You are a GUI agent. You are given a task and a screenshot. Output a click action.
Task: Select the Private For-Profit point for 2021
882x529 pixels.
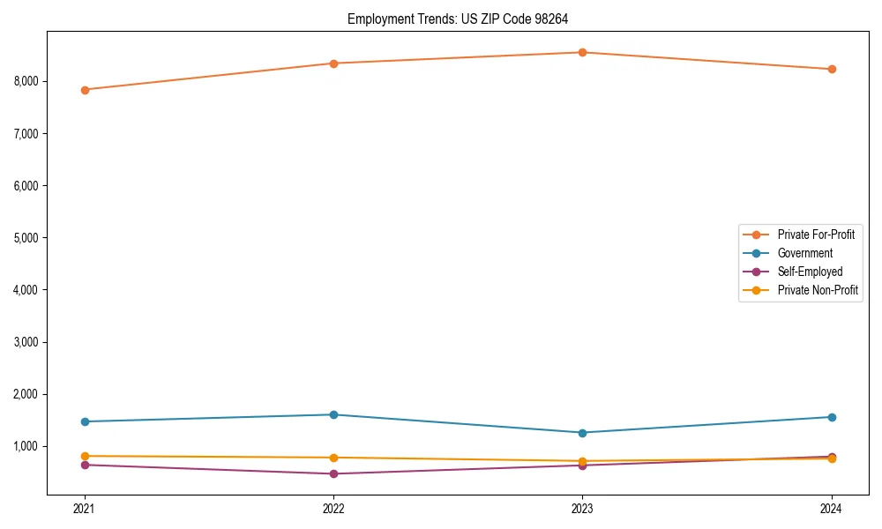pyautogui.click(x=85, y=90)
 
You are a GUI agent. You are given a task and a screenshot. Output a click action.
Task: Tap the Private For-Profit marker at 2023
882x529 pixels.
pyautogui.click(x=583, y=52)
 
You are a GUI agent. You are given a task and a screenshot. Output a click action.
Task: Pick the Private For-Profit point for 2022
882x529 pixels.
pyautogui.click(x=333, y=63)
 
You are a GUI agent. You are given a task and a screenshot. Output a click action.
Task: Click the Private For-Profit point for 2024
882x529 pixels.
pyautogui.click(x=832, y=69)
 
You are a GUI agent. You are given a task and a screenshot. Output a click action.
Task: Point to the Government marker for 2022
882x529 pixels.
pyautogui.click(x=333, y=414)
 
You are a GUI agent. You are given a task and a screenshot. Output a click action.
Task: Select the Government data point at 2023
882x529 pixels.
pyautogui.click(x=583, y=433)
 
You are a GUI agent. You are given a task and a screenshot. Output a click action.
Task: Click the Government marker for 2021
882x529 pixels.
pyautogui.click(x=85, y=421)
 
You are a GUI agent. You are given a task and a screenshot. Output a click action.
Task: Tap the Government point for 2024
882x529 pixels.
pyautogui.click(x=832, y=417)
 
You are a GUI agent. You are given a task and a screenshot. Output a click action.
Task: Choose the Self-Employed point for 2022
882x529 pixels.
pyautogui.click(x=333, y=473)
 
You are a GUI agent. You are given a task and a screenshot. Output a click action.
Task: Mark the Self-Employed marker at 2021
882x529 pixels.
pyautogui.click(x=85, y=465)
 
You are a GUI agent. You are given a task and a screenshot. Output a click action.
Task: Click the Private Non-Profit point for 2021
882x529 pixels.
pyautogui.click(x=85, y=456)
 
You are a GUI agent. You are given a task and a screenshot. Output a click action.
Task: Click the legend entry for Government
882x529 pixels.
pyautogui.click(x=804, y=253)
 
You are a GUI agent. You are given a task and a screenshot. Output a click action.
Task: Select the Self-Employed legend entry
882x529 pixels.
pyautogui.click(x=810, y=272)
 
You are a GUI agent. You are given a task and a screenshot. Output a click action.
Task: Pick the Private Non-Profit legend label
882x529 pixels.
pyautogui.click(x=818, y=290)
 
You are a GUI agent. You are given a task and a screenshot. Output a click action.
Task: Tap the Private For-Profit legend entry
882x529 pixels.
pyautogui.click(x=816, y=235)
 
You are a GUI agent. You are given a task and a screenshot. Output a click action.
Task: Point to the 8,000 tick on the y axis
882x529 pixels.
pyautogui.click(x=26, y=81)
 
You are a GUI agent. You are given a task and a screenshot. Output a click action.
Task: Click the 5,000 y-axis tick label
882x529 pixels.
pyautogui.click(x=26, y=238)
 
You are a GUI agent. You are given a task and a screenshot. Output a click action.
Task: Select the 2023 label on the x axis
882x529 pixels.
pyautogui.click(x=583, y=509)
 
